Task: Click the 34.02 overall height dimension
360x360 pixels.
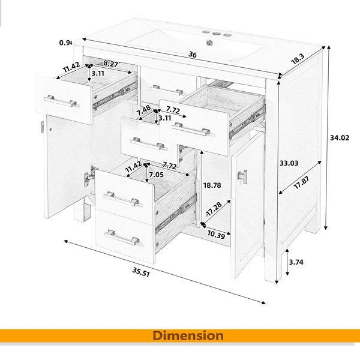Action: click(x=340, y=138)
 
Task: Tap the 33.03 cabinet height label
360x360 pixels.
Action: click(x=289, y=163)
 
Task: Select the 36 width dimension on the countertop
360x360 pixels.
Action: click(x=193, y=55)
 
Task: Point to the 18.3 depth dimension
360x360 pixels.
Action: click(x=298, y=59)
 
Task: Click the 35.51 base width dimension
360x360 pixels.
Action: click(x=141, y=272)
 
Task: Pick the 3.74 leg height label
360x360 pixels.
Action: click(x=296, y=262)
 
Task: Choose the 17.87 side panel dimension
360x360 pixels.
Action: click(x=301, y=182)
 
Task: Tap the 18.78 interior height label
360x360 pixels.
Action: click(x=212, y=185)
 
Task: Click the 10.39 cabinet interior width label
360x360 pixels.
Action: click(x=216, y=235)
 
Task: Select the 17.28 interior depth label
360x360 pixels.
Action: click(x=214, y=209)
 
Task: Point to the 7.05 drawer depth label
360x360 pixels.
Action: click(x=157, y=175)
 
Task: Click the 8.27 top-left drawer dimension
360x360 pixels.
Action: click(x=110, y=64)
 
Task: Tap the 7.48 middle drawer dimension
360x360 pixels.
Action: click(x=143, y=110)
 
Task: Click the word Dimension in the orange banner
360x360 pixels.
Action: click(x=188, y=335)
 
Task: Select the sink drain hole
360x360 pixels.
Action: click(x=209, y=43)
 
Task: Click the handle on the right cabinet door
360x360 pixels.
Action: click(x=242, y=176)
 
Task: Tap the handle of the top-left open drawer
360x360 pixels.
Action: click(x=61, y=101)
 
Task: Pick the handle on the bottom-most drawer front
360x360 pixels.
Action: click(x=122, y=238)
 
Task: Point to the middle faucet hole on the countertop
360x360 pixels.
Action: click(x=216, y=34)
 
